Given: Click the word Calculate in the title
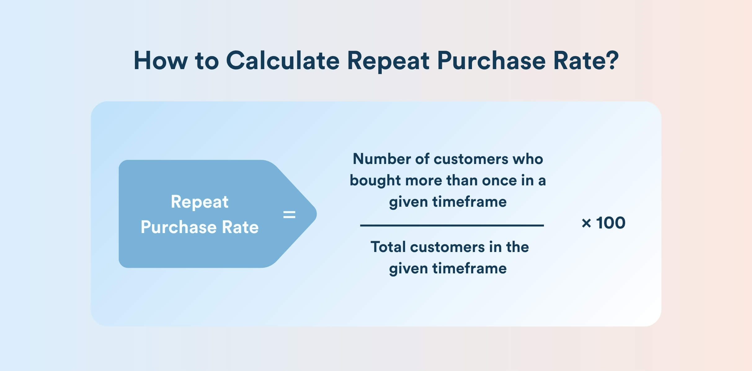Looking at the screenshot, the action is (x=283, y=60).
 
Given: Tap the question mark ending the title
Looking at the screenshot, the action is (x=612, y=60).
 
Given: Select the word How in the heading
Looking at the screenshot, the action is (x=161, y=60).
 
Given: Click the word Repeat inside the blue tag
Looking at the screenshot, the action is (x=200, y=202).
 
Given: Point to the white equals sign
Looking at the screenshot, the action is (x=289, y=214).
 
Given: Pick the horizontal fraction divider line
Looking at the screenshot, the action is (x=452, y=225).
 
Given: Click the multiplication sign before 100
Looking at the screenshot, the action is (x=586, y=223).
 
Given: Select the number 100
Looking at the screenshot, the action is (x=611, y=223).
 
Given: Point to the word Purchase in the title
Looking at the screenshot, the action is (x=491, y=60).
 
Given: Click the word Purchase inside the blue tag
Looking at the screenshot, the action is (x=178, y=227).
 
